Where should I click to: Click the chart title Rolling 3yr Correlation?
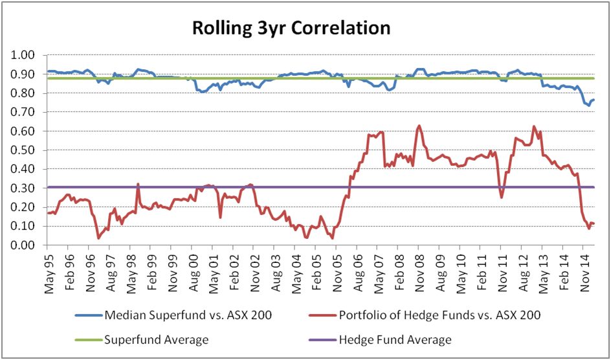coord(291,29)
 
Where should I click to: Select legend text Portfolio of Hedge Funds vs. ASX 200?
coord(441,315)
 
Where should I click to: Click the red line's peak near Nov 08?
coord(419,126)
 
